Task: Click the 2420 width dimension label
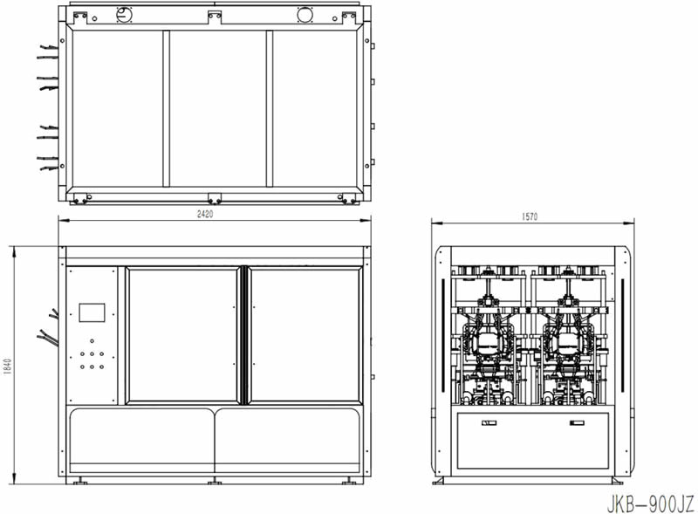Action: point(205,214)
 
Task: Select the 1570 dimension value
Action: point(530,216)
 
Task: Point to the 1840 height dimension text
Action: point(8,367)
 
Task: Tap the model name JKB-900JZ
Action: point(650,504)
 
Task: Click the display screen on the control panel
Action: point(92,312)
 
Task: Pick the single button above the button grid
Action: point(92,341)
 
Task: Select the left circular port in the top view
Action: point(125,15)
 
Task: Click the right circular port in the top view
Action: point(305,14)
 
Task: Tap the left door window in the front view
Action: point(182,335)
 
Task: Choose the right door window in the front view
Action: point(305,335)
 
